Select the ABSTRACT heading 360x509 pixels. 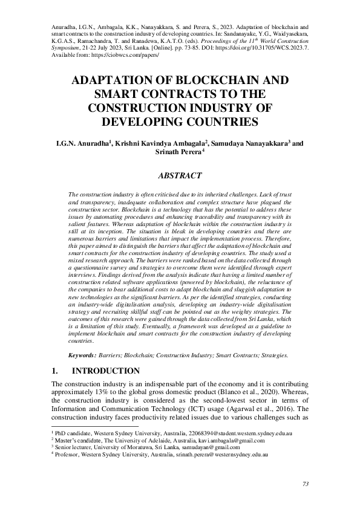tap(180, 176)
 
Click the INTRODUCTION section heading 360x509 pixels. tap(106, 371)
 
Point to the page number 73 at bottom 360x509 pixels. tap(305, 484)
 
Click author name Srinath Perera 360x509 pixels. tap(180, 154)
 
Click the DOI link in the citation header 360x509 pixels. tap(254, 46)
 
